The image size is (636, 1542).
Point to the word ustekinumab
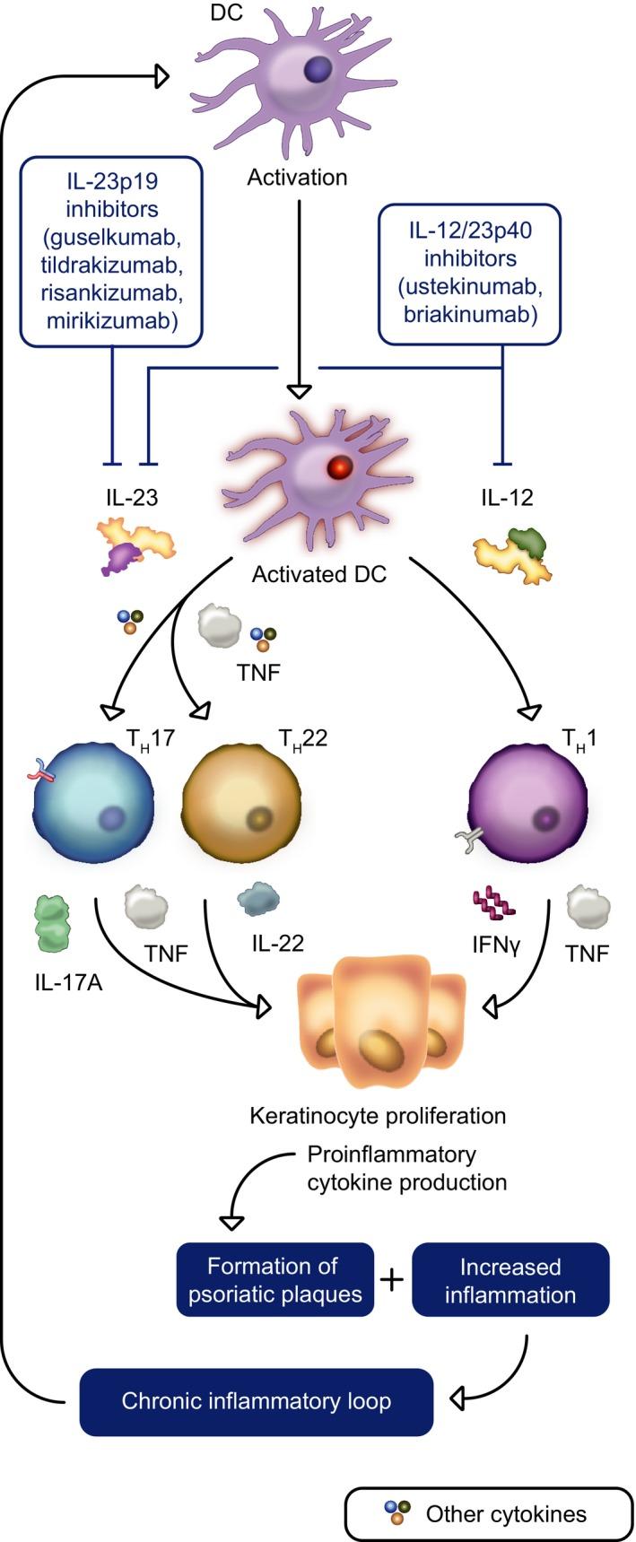point(470,286)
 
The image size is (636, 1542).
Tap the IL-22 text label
point(277,943)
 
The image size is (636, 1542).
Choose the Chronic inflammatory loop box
point(257,1401)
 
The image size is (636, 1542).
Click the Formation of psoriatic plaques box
point(274,1280)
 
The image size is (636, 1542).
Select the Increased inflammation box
point(510,1280)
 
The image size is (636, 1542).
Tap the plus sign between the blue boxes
point(392,1279)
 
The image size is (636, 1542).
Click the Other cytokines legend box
point(489,1514)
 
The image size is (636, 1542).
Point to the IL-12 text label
point(507,497)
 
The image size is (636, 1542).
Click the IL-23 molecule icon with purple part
point(135,547)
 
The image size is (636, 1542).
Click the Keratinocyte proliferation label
point(377,1116)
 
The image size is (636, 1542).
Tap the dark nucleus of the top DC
point(315,69)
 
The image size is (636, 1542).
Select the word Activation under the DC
point(297,178)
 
